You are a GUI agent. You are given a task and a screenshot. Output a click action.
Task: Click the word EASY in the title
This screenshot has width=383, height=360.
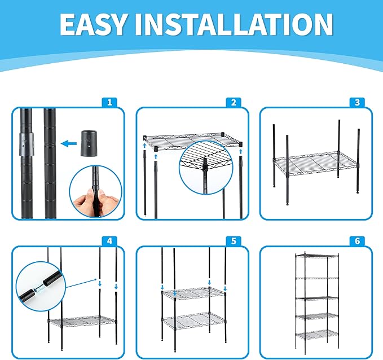pyautogui.click(x=93, y=24)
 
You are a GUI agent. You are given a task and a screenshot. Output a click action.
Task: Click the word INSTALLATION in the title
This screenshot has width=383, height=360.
pyautogui.click(x=234, y=24)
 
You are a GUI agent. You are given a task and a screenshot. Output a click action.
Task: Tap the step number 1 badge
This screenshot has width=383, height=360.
pyautogui.click(x=109, y=102)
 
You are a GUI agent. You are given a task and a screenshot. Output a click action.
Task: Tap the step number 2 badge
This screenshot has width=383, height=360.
pyautogui.click(x=234, y=102)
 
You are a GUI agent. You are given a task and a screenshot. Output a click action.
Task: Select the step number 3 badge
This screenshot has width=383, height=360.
pyautogui.click(x=358, y=102)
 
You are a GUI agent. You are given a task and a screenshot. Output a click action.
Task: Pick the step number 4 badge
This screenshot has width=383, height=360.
pyautogui.click(x=109, y=241)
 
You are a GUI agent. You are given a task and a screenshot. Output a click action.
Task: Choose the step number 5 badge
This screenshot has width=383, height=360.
pyautogui.click(x=234, y=241)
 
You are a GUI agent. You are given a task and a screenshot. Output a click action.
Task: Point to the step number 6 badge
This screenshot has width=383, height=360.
pyautogui.click(x=358, y=241)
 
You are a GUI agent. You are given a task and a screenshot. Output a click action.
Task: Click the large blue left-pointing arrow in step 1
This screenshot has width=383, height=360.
pyautogui.click(x=69, y=144)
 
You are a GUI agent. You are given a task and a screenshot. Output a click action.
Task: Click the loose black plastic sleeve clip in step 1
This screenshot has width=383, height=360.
pyautogui.click(x=89, y=143)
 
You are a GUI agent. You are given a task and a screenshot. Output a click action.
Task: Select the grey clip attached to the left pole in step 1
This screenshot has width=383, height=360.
pyautogui.click(x=27, y=144)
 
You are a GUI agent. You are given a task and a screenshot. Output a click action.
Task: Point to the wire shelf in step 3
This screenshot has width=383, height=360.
pyautogui.click(x=316, y=163)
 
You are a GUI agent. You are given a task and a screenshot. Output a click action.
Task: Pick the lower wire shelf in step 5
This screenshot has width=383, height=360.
pyautogui.click(x=193, y=321)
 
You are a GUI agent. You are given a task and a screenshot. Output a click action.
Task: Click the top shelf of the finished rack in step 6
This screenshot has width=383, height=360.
pyautogui.click(x=317, y=256)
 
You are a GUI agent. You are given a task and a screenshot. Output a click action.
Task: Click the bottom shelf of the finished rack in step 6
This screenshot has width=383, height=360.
pyautogui.click(x=317, y=335)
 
